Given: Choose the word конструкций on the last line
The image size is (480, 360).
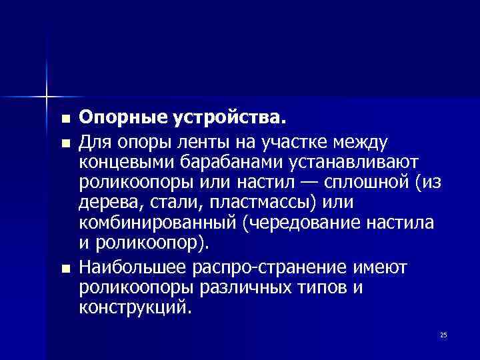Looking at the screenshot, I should pyautogui.click(x=134, y=309).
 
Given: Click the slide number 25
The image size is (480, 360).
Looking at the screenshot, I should pyautogui.click(x=443, y=335).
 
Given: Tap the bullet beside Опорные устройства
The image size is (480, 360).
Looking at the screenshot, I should pyautogui.click(x=65, y=120).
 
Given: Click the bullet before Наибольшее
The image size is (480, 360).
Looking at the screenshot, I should pyautogui.click(x=65, y=269).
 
